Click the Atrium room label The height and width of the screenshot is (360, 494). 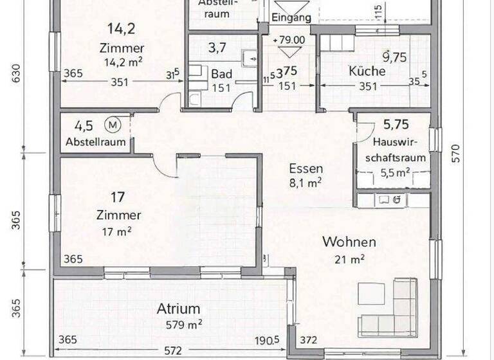point(178,309)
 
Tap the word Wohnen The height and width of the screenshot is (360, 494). point(349,242)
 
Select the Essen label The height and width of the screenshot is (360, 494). point(306,169)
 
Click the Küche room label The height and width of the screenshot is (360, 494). point(367,71)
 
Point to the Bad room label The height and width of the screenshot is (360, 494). point(222,74)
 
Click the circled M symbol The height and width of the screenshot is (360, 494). point(113,123)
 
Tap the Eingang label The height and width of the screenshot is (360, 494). point(291,18)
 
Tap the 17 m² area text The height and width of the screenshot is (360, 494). point(117,232)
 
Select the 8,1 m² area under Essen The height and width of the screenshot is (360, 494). point(306,183)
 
